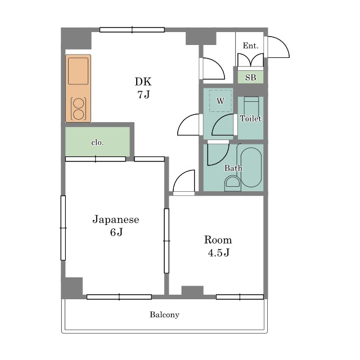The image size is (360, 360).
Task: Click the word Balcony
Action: [164, 314]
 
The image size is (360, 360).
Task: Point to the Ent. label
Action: [250, 46]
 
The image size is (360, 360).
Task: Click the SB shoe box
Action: [250, 77]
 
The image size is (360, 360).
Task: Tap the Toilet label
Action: [250, 119]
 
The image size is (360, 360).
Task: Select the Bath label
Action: [233, 168]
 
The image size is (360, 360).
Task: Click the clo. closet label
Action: [97, 142]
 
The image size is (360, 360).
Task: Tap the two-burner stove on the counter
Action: [78, 109]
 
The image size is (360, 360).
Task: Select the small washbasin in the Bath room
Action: [232, 182]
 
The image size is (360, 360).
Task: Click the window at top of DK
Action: [132, 30]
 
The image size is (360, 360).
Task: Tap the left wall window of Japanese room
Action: [63, 227]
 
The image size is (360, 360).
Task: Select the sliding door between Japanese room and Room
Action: [166, 240]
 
